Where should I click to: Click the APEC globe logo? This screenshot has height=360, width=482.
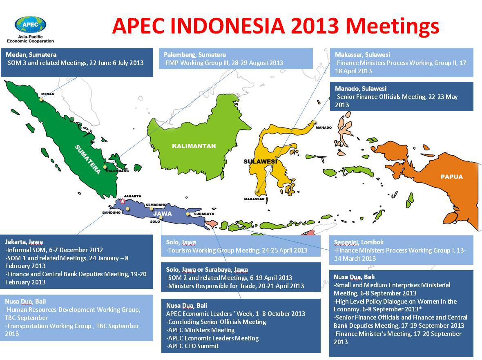pos(30,25)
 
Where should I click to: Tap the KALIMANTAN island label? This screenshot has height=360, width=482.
pos(194,146)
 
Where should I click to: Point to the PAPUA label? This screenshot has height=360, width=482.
pos(451,177)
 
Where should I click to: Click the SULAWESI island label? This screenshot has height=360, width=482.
pos(260,161)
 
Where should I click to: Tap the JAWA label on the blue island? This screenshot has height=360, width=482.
pos(163,213)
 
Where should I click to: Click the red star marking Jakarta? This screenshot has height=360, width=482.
pos(123,201)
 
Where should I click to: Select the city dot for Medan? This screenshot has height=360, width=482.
pos(41,99)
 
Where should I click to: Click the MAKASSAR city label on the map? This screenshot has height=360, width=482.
pos(254,199)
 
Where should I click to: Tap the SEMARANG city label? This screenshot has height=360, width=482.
pos(156,204)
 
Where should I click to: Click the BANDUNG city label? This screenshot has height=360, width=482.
pos(111,212)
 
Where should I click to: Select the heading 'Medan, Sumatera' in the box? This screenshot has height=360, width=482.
pos(31,54)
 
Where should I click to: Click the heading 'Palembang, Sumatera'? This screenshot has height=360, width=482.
pos(194,54)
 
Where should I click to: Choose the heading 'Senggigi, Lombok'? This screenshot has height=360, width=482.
pos(359,242)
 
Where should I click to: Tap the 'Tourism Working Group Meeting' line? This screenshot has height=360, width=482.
pos(237,250)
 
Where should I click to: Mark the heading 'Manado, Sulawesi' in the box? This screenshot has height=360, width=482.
pos(360,88)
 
